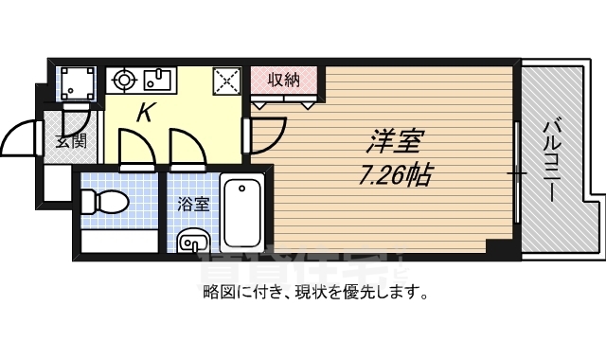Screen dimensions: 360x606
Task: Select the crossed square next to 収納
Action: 227,81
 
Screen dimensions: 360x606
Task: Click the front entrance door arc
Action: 21,141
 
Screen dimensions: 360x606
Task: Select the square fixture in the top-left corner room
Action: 75,84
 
